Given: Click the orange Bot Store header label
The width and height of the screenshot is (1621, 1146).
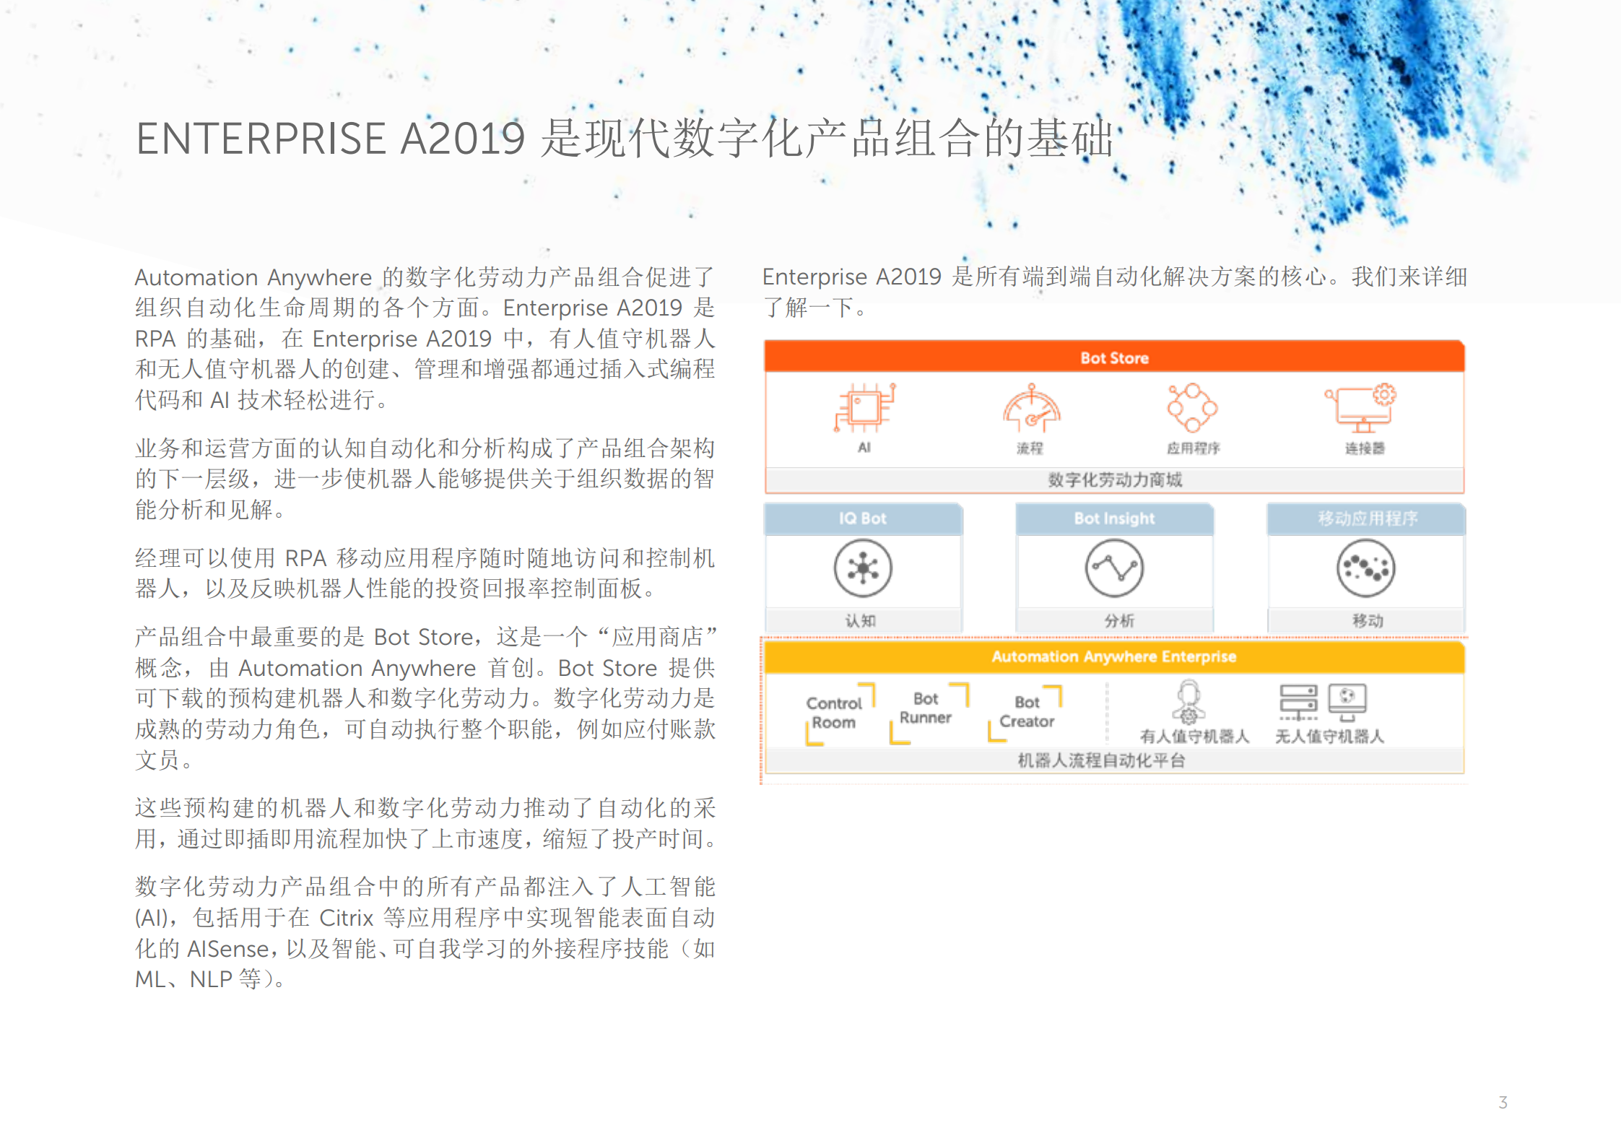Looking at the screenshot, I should pyautogui.click(x=1114, y=358).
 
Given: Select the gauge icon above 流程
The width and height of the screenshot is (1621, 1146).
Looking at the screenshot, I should pyautogui.click(x=1031, y=409).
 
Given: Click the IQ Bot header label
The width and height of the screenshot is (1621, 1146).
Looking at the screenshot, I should pyautogui.click(x=862, y=518).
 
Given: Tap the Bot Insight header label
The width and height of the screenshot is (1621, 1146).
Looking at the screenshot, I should pyautogui.click(x=1114, y=518).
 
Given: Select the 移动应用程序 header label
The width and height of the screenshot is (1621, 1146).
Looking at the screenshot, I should pyautogui.click(x=1367, y=518).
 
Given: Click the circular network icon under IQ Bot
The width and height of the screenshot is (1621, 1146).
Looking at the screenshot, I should pyautogui.click(x=863, y=568).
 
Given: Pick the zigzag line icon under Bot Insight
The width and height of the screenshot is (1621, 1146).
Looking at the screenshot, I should pyautogui.click(x=1114, y=568).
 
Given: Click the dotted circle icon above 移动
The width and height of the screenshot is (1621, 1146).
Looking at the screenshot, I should pyautogui.click(x=1365, y=568).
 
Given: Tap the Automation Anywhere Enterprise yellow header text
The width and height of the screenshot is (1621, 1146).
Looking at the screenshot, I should pyautogui.click(x=1113, y=657).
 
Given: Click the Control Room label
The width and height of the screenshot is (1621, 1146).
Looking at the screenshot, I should pyautogui.click(x=834, y=713).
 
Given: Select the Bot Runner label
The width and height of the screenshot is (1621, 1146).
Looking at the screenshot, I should pyautogui.click(x=926, y=708).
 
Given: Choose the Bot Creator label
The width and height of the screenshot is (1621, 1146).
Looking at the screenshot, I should pyautogui.click(x=1027, y=712).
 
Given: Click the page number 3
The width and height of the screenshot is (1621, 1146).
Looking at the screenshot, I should pyautogui.click(x=1503, y=1103).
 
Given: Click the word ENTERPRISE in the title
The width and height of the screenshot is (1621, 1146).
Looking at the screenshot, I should pyautogui.click(x=261, y=139).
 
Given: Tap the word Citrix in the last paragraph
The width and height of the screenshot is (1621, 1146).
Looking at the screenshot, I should pyautogui.click(x=346, y=918).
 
